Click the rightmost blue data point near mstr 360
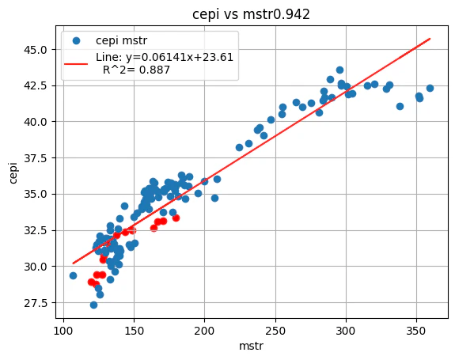click(x=430, y=88)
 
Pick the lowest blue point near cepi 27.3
click(x=93, y=305)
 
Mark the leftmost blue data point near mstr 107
click(x=73, y=275)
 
